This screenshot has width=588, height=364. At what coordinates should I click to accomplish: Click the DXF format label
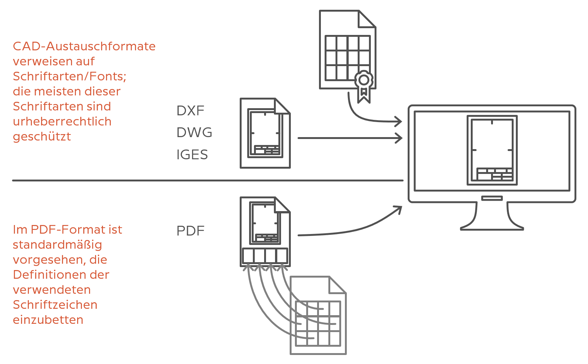[x=190, y=111]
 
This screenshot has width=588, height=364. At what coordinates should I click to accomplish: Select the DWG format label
[x=194, y=133]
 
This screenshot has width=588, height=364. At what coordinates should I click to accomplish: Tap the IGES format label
[x=192, y=154]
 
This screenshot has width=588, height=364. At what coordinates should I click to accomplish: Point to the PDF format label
[x=190, y=231]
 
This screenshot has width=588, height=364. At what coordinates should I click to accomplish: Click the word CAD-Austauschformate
[x=84, y=47]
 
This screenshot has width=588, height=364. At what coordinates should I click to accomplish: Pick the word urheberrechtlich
[x=62, y=121]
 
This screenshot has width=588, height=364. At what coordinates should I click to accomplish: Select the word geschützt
[x=42, y=137]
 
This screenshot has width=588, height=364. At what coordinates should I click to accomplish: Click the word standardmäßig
[x=57, y=245]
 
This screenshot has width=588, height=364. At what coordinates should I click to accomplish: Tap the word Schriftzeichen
[x=55, y=305]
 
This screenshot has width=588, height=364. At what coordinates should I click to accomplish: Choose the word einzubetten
[x=48, y=320]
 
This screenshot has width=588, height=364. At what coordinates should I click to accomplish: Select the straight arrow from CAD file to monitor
[x=350, y=138]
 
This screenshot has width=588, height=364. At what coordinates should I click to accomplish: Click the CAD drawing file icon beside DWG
[x=265, y=133]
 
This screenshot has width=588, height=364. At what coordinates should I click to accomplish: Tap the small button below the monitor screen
[x=492, y=198]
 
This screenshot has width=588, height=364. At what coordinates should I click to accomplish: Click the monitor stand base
[x=492, y=229]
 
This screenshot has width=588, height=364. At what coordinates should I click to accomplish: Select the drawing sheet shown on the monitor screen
[x=492, y=150]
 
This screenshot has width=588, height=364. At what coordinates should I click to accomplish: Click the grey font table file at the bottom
[x=318, y=315]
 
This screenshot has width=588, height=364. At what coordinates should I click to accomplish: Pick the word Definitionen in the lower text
[x=61, y=275]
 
